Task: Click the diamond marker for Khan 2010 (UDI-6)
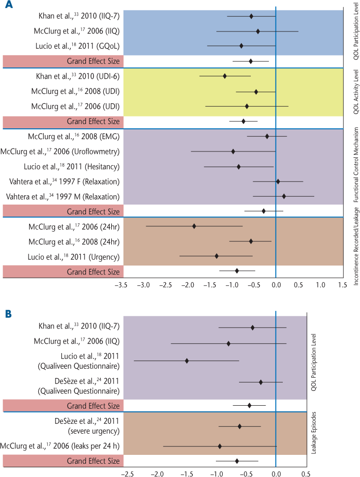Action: (225, 76)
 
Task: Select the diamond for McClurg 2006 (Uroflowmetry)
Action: (233, 151)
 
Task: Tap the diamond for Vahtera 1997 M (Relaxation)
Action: (284, 196)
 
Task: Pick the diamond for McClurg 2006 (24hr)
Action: (194, 226)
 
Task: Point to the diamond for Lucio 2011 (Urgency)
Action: (216, 256)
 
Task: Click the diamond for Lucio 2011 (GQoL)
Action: (241, 46)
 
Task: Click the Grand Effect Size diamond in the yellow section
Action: (243, 121)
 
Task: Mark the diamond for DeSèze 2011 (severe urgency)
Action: (240, 426)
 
